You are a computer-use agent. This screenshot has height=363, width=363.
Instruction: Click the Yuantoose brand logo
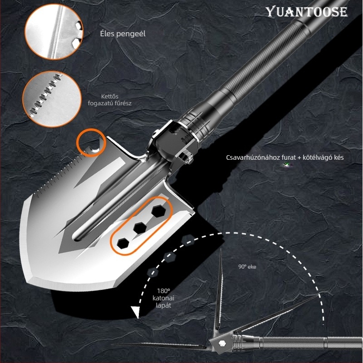pos(307,12)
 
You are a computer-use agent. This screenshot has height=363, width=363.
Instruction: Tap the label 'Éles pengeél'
pos(123,34)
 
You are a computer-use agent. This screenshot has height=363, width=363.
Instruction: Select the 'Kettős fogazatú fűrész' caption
pos(110,100)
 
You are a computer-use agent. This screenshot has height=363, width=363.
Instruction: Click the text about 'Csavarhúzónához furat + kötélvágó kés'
pos(285,157)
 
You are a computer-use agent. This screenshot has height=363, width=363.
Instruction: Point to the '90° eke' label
pos(247,267)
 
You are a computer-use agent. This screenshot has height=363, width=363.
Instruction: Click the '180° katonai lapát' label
pos(163,298)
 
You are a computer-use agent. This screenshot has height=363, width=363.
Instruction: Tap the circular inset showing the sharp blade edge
pos(54,31)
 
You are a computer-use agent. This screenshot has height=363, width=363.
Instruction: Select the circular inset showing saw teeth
pos(52,99)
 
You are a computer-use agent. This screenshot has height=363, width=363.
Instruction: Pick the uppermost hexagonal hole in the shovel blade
pos(158,211)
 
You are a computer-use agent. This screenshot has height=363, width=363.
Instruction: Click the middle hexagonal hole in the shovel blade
pos(140,228)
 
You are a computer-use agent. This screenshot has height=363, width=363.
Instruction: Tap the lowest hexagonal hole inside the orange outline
pos(123,243)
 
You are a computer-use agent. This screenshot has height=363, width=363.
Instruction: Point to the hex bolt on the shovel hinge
pos(186,157)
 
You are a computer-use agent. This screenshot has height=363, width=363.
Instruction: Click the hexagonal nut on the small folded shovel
pos(222,343)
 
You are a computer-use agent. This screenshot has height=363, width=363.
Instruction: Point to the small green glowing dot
pos(287,165)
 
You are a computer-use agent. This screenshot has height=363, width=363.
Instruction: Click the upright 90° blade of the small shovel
pos(219,289)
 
